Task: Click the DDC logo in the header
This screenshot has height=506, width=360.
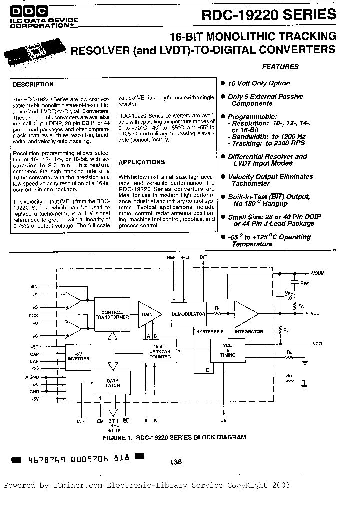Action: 24,9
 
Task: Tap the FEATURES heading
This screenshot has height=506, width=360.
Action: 280,66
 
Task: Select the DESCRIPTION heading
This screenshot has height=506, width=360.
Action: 33,85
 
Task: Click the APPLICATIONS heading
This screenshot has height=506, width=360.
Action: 142,162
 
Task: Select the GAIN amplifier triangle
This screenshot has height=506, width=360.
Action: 148,314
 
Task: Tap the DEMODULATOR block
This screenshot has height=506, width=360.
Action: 188,314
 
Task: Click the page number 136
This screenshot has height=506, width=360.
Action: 175,462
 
